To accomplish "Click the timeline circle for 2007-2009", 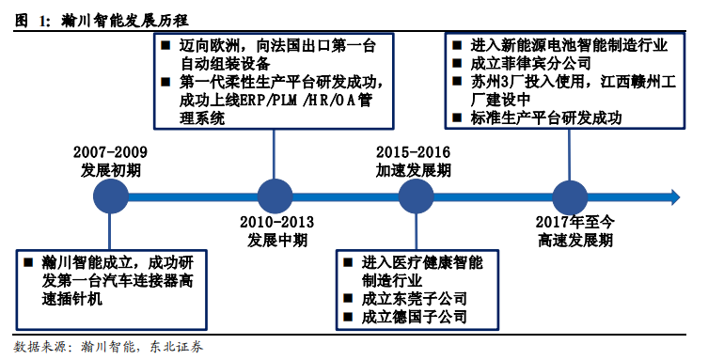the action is coord(111,196).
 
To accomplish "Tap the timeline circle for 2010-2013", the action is coord(275,196).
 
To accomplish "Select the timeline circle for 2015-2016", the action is coord(416,196).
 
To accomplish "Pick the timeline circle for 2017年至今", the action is coord(570,197).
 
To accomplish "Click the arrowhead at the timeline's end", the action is coord(675,196).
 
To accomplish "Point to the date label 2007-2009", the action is coord(110,152).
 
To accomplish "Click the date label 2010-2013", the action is coord(276,222).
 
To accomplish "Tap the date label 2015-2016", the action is coord(413,152).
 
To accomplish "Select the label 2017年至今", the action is coord(574,222).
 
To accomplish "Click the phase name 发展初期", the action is coord(111,170).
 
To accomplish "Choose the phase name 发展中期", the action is coord(276,240).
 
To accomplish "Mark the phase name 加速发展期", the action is coord(413,170).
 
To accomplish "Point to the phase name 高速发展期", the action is coord(574,240).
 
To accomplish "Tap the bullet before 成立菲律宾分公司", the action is coord(457,63).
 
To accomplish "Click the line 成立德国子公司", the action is coord(414,317).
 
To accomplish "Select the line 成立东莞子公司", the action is coord(414,299).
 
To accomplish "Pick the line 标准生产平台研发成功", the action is coord(546,117).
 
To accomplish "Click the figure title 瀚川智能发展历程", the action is coord(125,21).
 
